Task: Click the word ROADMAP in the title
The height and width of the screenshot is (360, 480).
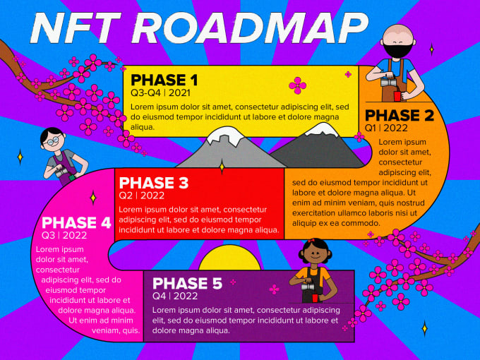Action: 250,28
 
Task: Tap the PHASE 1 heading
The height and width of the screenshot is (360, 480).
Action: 164,80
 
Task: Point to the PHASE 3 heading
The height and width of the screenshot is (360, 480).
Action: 153,183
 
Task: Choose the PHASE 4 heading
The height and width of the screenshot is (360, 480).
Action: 76,222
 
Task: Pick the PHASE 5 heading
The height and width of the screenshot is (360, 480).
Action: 187,283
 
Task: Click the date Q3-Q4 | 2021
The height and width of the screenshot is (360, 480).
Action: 161,92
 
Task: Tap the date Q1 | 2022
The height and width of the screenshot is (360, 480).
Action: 386,128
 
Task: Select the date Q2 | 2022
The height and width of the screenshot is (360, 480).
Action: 142,196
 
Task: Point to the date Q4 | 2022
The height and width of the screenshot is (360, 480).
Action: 175,296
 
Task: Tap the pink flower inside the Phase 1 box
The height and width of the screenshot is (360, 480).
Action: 297,85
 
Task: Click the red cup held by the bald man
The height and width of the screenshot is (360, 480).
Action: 397,96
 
